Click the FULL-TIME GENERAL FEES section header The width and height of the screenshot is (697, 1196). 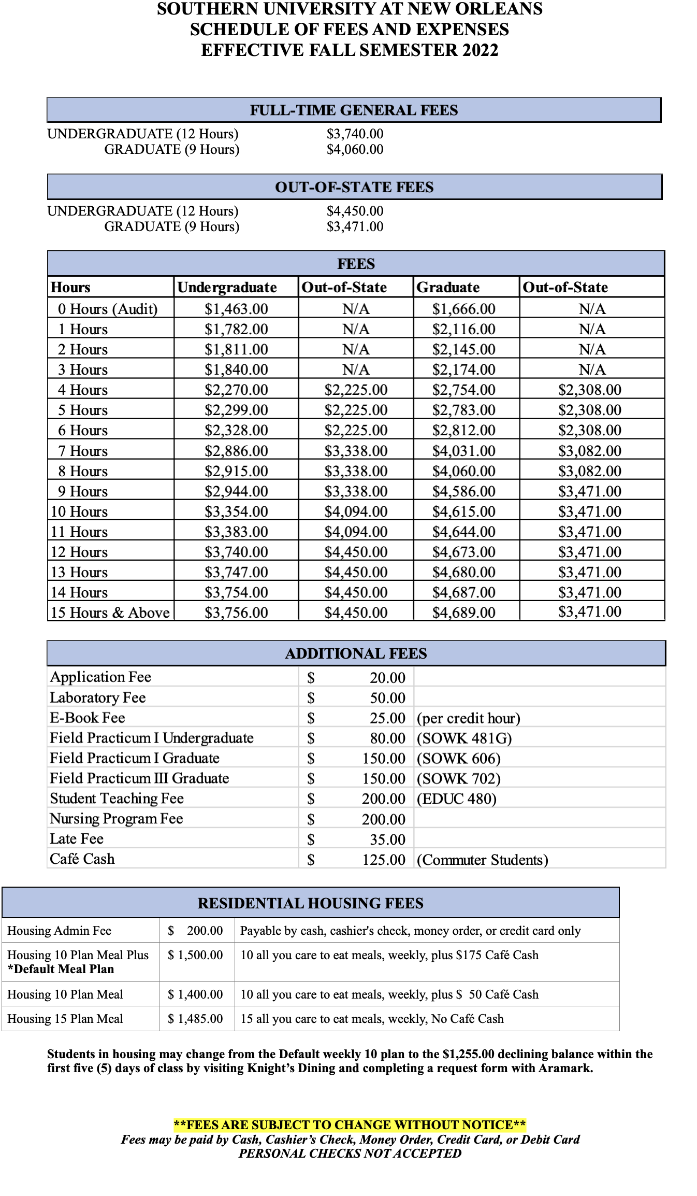[354, 110]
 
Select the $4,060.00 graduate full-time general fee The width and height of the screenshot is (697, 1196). [355, 150]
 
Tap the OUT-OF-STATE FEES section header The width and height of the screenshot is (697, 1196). [354, 187]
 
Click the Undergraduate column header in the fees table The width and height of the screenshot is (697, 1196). [227, 287]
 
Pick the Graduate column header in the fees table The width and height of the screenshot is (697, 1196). [448, 287]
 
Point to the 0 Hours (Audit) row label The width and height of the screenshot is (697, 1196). [107, 309]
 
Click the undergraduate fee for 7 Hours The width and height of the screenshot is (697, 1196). [236, 451]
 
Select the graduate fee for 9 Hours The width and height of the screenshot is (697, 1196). [463, 491]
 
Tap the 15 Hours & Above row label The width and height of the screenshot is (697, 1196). [110, 613]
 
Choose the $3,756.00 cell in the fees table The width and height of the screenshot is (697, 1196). [236, 613]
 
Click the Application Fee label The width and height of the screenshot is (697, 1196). [100, 677]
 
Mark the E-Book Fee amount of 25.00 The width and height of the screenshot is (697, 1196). [387, 718]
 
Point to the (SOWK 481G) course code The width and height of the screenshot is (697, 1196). [464, 738]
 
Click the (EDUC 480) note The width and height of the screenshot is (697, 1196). [456, 799]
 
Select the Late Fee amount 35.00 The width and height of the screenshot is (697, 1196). [387, 839]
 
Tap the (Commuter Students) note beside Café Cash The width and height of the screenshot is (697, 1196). [482, 860]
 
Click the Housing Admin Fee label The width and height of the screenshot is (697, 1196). [59, 931]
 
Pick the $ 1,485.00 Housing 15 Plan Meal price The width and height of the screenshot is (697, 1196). [195, 1019]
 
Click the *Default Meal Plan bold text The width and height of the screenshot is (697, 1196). [61, 969]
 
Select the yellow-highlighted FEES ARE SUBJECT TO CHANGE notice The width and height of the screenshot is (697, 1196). [350, 1125]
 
